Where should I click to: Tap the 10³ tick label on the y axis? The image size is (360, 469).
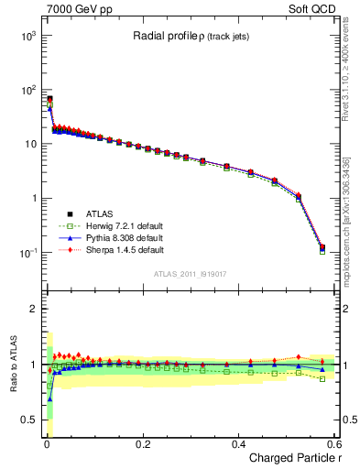[26, 36]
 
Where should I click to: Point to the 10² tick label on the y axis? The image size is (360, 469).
[26, 90]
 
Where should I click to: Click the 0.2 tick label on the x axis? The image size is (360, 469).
[142, 443]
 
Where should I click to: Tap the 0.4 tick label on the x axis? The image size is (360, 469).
[238, 443]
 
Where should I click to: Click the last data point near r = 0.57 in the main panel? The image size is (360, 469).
[322, 247]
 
